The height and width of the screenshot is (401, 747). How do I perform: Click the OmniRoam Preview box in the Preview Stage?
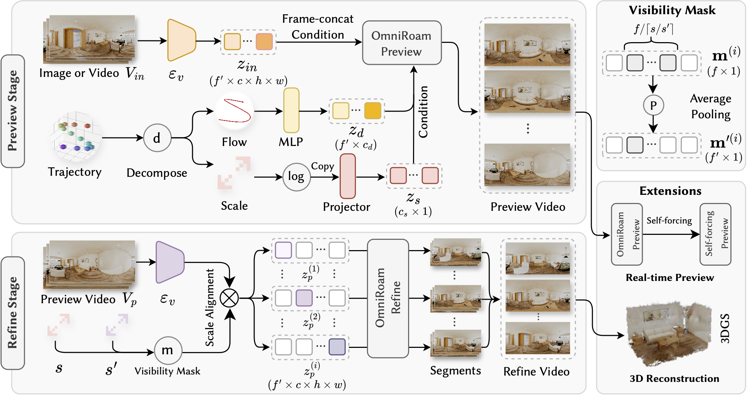pos(401,43)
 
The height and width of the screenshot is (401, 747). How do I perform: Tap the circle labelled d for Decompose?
pos(157,138)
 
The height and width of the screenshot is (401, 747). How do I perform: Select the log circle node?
pos(296,177)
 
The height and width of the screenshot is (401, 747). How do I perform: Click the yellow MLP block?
pos(291,111)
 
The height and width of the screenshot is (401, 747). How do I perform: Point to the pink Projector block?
pos(347,176)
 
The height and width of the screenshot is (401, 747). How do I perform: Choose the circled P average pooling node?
pos(653,105)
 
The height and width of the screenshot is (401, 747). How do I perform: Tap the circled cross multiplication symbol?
pos(229,298)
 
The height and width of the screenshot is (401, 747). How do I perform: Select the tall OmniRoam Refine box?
pos(388,298)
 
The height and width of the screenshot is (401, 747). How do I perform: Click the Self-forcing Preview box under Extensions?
pos(715,234)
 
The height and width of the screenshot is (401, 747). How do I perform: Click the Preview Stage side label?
pos(13,111)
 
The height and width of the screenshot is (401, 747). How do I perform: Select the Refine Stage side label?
pos(13,313)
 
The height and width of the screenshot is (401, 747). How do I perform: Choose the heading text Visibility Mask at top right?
pos(672,10)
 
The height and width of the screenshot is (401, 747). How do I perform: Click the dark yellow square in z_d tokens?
pos(373,111)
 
